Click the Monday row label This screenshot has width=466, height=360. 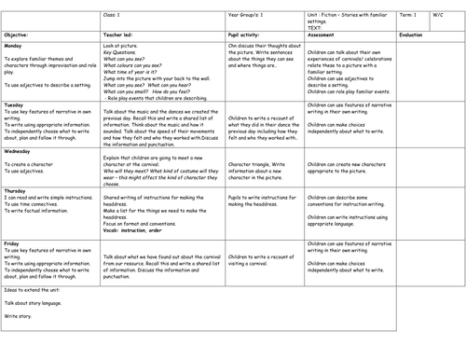pos(13,44)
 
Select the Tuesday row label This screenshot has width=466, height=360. pos(14,105)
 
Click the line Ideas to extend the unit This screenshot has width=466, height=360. pos(34,286)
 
